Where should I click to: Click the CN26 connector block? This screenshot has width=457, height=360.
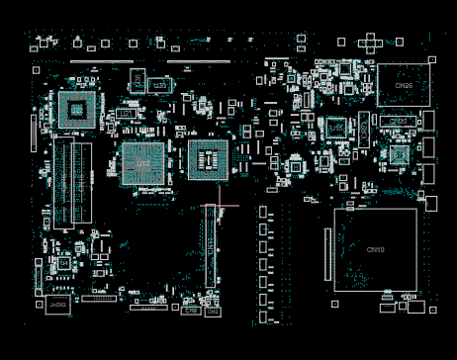404,86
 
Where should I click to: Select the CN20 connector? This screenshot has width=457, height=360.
398,122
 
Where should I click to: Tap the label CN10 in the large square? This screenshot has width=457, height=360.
375,249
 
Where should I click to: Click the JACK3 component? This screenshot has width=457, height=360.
58,306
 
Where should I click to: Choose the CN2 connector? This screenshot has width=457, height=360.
211,311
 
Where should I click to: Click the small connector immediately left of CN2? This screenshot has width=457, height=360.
192,311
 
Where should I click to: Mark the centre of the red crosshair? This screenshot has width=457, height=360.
220,207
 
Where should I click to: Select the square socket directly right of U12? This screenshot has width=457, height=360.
208,160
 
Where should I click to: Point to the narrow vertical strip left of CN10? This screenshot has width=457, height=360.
326,253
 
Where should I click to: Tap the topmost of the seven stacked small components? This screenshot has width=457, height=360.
263,213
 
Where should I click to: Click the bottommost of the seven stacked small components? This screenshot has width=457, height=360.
263,315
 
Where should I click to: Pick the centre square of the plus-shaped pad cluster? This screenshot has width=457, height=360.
371,42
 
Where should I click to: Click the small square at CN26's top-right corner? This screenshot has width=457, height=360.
432,60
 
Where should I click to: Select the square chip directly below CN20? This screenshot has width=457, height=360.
399,153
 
